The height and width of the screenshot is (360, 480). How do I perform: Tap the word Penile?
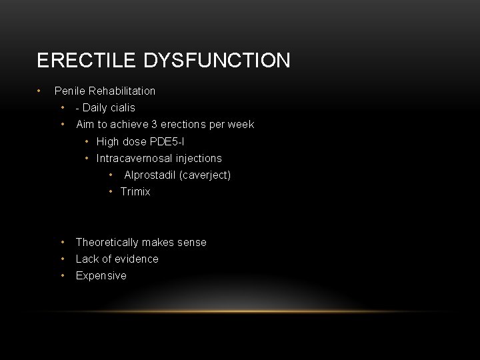(x=69, y=91)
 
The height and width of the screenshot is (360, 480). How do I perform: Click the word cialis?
(x=121, y=107)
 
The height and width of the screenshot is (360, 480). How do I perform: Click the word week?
(x=241, y=125)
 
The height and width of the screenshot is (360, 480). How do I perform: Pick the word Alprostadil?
(x=150, y=175)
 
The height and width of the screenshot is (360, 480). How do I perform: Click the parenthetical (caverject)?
(x=207, y=175)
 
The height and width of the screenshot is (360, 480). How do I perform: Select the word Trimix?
(x=135, y=192)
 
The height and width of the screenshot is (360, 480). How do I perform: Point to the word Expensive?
(x=101, y=276)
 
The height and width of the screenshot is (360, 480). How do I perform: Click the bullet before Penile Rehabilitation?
(x=40, y=91)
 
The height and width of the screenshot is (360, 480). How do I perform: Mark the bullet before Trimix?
(x=112, y=192)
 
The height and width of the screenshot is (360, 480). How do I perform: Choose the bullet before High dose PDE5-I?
(x=88, y=141)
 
